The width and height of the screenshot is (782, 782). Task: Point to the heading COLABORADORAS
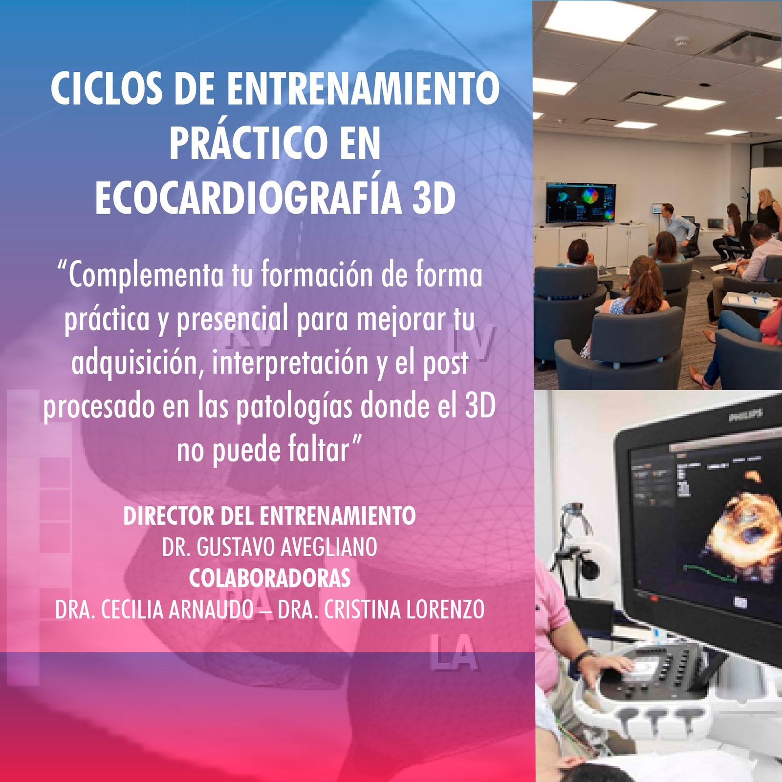click(270, 578)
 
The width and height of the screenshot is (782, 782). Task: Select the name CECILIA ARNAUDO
click(177, 609)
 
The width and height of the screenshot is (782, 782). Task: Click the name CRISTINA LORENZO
click(404, 609)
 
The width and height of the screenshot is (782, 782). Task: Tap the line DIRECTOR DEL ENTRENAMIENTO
click(269, 516)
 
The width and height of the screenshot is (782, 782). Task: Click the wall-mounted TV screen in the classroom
click(581, 203)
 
